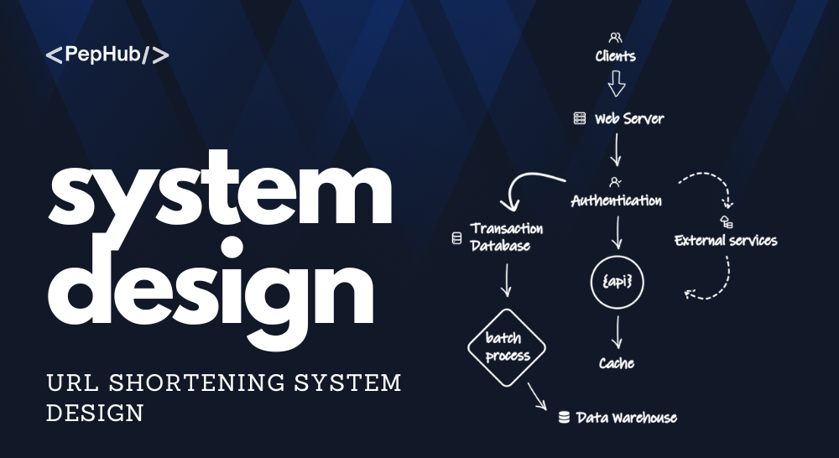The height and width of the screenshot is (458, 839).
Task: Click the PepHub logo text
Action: pos(107,55)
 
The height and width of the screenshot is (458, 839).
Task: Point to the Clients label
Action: pos(615,56)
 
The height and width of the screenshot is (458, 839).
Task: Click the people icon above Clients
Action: pos(615,38)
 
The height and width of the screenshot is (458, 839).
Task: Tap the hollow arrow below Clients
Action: pos(617,84)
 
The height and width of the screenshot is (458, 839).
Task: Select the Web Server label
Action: pos(629,118)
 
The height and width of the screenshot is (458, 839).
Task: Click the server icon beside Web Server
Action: pos(580,118)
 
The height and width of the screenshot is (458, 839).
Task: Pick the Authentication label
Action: pos(617,200)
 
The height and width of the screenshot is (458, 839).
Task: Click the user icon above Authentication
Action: pos(615,183)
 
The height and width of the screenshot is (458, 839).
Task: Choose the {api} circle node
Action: pos(617,282)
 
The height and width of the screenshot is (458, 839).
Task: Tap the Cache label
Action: pos(617,363)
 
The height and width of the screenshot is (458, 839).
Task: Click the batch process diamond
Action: pos(507,347)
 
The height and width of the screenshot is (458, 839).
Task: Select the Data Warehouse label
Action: pos(627,418)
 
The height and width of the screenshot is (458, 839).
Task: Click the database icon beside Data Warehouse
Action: pos(564,418)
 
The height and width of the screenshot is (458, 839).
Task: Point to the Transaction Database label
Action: pos(506,237)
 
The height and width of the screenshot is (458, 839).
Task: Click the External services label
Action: pos(726,240)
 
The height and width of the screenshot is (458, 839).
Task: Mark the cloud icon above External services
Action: pos(726,221)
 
